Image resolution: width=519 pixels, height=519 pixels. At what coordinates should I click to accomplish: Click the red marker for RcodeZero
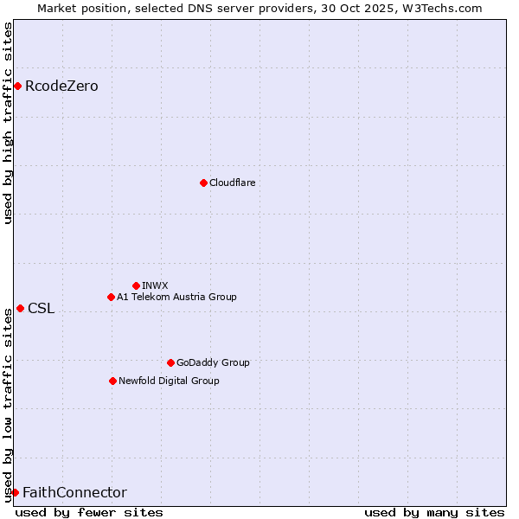coord(17,86)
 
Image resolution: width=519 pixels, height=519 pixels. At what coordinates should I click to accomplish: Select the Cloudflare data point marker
coord(203,183)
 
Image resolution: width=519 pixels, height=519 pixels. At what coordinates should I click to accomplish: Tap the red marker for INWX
coord(136,285)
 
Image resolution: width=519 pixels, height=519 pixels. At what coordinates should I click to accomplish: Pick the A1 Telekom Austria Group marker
coord(111,297)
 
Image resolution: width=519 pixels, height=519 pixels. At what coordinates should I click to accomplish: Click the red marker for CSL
coord(20,308)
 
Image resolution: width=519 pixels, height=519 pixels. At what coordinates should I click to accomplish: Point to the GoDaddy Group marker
coord(170,362)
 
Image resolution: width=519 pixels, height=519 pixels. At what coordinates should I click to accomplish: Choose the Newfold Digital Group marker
coord(112,381)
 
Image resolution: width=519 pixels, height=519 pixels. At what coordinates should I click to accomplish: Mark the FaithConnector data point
coord(15,492)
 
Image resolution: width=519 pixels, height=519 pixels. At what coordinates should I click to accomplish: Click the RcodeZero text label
coord(61,86)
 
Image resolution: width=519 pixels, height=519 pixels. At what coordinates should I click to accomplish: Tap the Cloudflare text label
coord(232,183)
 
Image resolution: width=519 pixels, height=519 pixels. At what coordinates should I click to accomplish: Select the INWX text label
coord(155,285)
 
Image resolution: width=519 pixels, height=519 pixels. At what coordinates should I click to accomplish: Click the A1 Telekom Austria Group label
coord(176,297)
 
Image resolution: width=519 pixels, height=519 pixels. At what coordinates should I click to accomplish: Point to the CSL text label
coord(41,308)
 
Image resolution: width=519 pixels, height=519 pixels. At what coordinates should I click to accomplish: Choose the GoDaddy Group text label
coord(213,362)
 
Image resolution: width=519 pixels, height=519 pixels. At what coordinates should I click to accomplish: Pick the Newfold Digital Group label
coord(169,381)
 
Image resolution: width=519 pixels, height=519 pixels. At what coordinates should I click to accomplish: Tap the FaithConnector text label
coord(74,492)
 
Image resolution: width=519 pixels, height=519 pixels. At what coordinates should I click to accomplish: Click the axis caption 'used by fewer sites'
coord(89,512)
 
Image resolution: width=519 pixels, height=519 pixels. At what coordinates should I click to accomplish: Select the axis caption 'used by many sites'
coord(434,512)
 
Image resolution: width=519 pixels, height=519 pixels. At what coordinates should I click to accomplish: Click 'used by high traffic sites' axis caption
coord(8,123)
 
